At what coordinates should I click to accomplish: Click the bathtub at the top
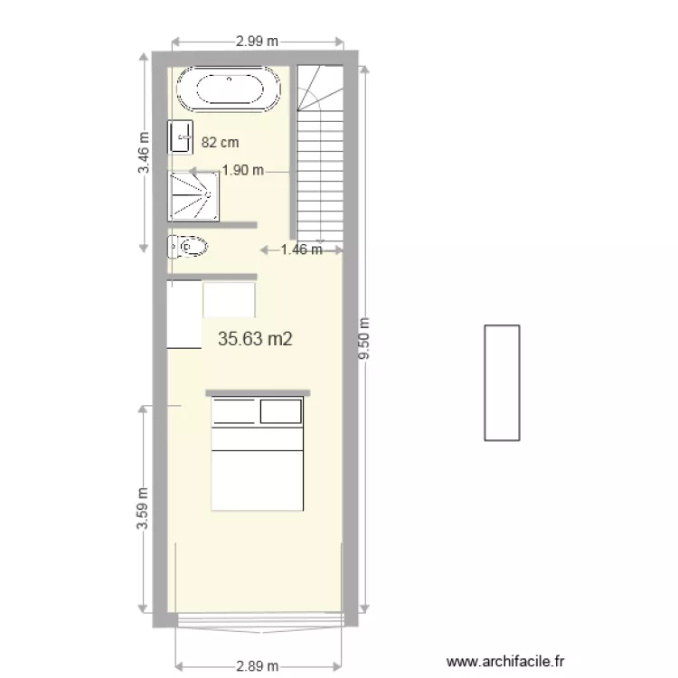pos(229,89)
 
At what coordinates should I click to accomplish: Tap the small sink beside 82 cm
pos(181,137)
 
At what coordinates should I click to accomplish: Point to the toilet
pos(189,246)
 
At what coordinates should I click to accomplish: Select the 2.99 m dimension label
pos(257,41)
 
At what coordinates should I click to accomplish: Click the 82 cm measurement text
pos(220,142)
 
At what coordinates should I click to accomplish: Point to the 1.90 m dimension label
pos(242,169)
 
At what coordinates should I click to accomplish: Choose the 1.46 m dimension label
pos(301,250)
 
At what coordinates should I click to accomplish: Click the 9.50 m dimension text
pos(364,339)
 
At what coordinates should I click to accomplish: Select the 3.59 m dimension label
pos(143,511)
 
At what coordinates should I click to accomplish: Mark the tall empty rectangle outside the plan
pos(502,382)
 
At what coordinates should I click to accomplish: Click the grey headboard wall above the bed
pos(258,392)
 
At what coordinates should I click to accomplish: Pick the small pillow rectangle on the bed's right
pos(279,411)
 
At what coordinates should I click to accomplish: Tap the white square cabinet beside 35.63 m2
pos(229,300)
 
